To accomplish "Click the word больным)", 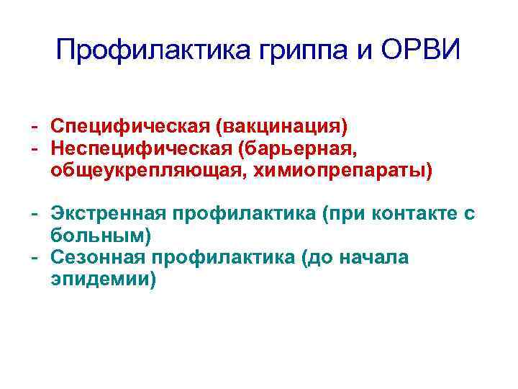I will point(101,236).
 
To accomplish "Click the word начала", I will point(374,258).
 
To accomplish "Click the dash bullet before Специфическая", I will point(34,127).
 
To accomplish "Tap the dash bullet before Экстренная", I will point(34,214).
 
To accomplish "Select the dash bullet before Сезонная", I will point(34,258).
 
